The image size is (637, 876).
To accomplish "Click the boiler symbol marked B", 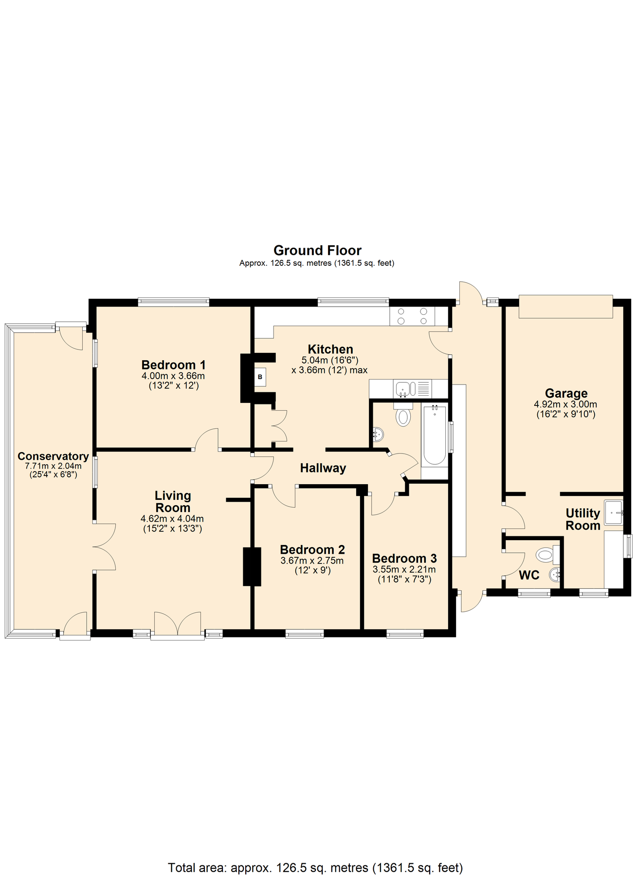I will point(260,377).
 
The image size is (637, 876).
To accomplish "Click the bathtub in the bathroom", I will point(434,434).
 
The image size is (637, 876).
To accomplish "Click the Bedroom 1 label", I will point(173,365).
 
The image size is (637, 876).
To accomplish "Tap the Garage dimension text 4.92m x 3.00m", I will point(565,404).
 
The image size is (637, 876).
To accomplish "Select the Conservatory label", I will point(53,456).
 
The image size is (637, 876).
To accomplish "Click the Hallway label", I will point(323,468).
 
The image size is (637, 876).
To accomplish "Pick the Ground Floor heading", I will point(317,251).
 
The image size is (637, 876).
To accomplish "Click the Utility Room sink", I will point(614,512).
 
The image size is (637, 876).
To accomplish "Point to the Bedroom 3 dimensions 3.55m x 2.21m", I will point(404,569).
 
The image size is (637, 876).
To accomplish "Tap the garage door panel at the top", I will point(565,307).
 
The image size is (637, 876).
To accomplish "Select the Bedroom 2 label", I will point(312,550).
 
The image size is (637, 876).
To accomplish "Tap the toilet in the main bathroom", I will point(403,416).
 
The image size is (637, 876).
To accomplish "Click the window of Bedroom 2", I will point(305,634).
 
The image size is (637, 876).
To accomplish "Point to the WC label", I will point(529,575).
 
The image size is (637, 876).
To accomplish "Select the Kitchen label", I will point(330,349).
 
